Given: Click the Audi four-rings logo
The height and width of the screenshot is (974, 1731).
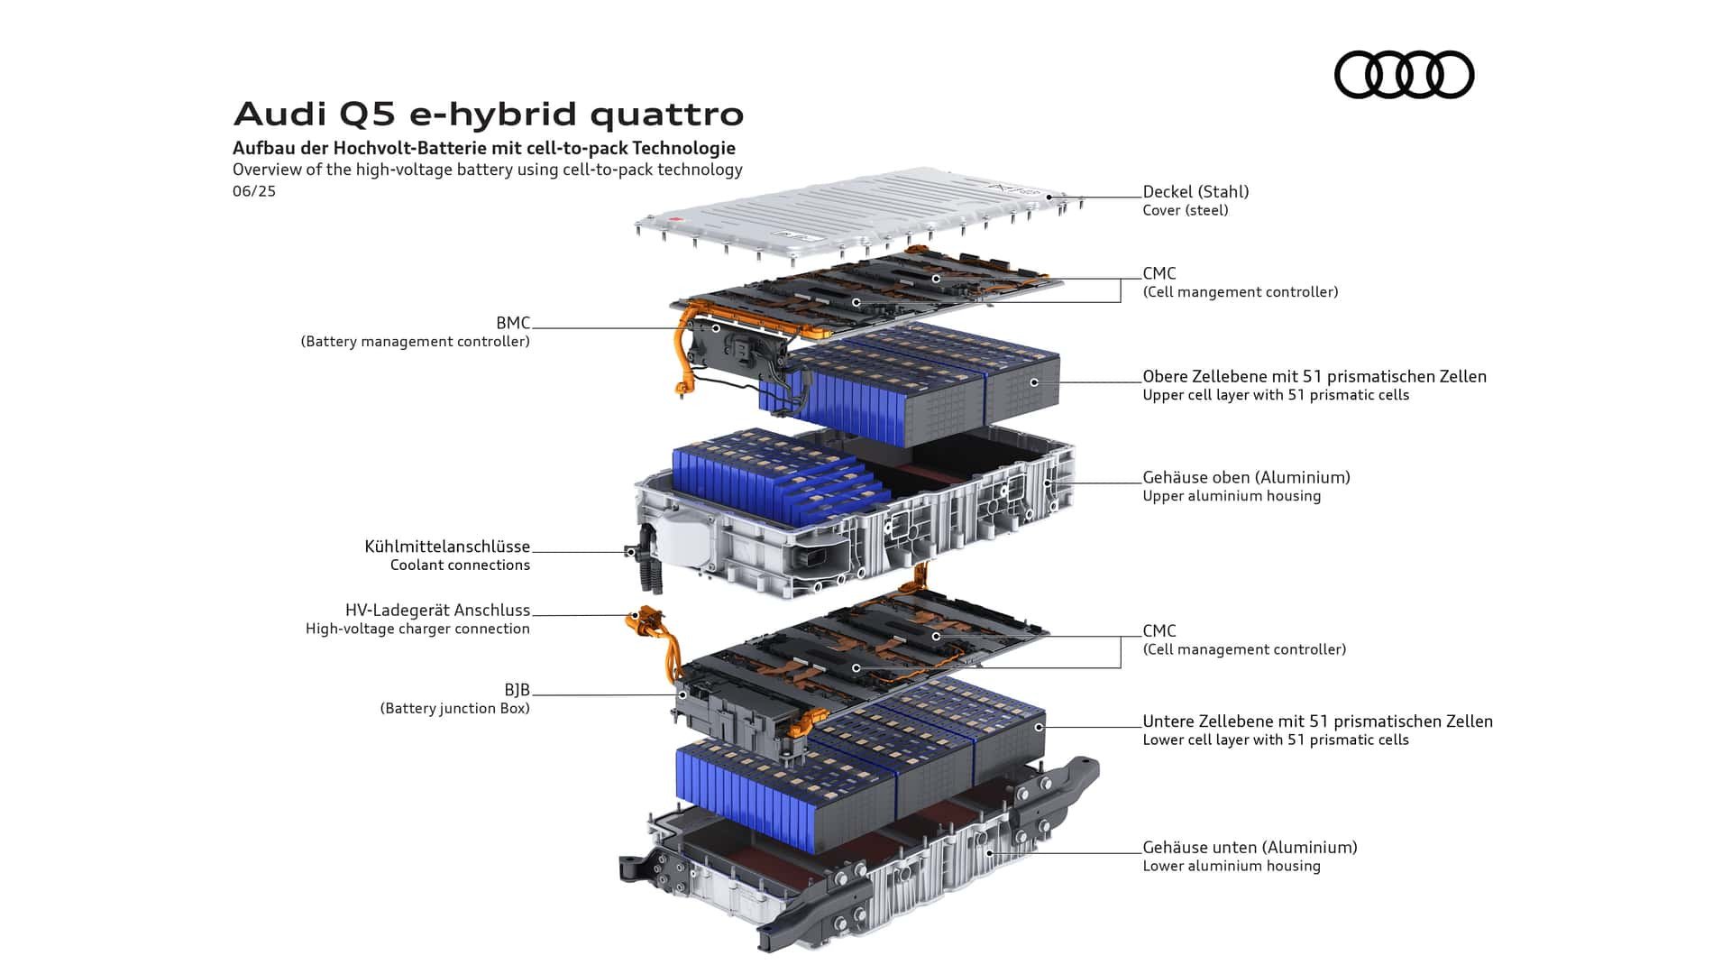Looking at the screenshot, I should [1404, 74].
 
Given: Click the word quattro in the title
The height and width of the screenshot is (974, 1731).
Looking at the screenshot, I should [667, 115].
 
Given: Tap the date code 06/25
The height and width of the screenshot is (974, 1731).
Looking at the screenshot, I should [254, 191].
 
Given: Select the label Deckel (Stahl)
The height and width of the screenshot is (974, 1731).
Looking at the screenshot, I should [1195, 191].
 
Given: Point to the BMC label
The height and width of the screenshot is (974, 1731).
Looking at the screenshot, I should [512, 323].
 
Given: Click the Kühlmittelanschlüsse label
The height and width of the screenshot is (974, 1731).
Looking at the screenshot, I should [447, 547].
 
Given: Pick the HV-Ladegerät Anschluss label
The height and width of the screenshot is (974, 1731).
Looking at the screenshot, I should [437, 611].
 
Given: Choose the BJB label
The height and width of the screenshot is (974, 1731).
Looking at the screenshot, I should [517, 690].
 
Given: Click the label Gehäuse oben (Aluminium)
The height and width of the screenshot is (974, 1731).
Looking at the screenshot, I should [1246, 477].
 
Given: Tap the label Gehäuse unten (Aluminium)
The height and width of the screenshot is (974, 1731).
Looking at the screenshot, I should [1250, 847].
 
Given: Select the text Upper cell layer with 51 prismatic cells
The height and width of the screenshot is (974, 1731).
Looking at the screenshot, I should [1275, 395].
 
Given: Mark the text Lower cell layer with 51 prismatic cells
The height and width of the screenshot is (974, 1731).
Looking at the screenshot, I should [1275, 740].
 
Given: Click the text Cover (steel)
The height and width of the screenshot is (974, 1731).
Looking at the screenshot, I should [1185, 210].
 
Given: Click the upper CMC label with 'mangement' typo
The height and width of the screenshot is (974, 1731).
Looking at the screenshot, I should [1240, 291].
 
